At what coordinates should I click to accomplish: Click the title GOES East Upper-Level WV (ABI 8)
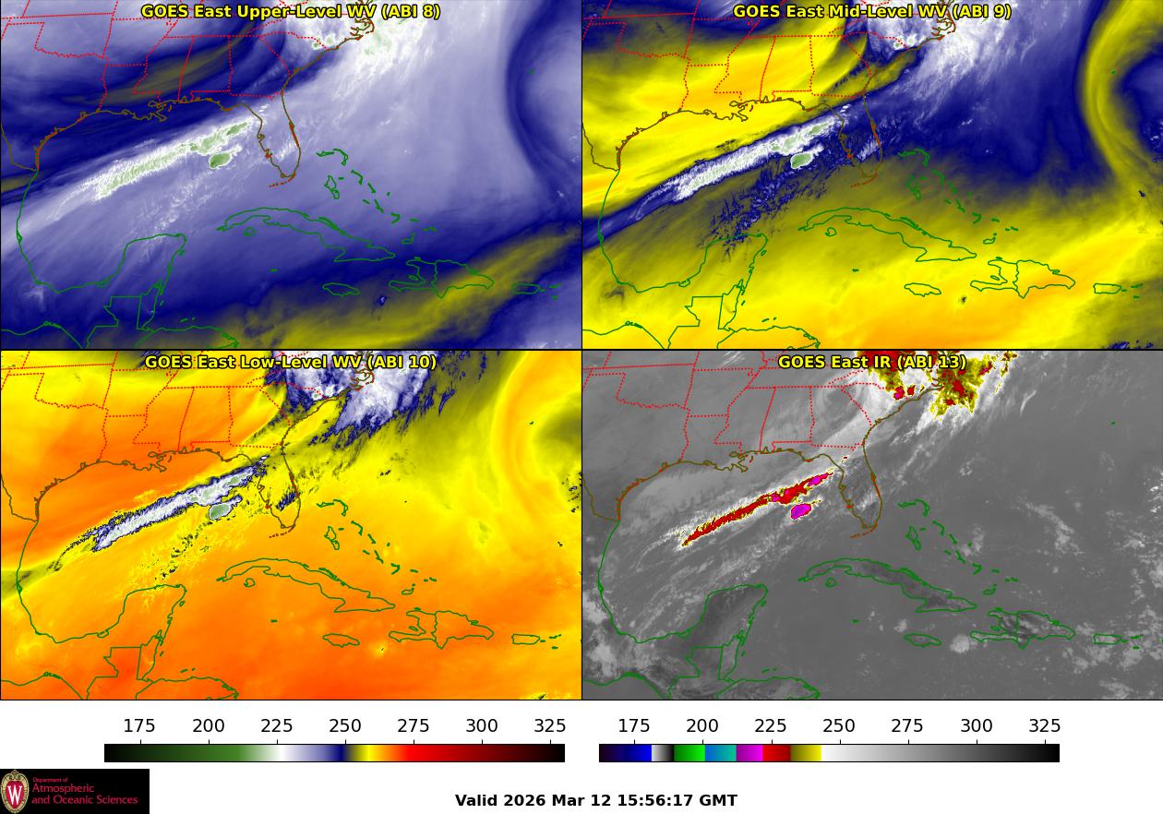tap(290, 12)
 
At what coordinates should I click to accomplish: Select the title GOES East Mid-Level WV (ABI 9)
tap(871, 12)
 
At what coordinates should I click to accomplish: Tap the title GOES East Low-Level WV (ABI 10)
tap(290, 362)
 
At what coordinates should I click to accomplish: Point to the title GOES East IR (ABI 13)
tap(871, 362)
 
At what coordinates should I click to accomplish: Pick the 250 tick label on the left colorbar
tap(345, 726)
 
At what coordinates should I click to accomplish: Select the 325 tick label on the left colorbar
tap(550, 726)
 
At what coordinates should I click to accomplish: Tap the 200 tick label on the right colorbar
tap(702, 726)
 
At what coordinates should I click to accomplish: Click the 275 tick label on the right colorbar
tap(907, 726)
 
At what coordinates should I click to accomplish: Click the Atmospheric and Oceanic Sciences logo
tap(74, 791)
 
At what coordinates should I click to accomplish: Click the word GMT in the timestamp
tap(719, 800)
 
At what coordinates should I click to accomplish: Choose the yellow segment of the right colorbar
tap(806, 753)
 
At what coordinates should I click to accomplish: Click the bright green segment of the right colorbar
tap(689, 753)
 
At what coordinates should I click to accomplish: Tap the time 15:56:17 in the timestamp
tap(648, 800)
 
